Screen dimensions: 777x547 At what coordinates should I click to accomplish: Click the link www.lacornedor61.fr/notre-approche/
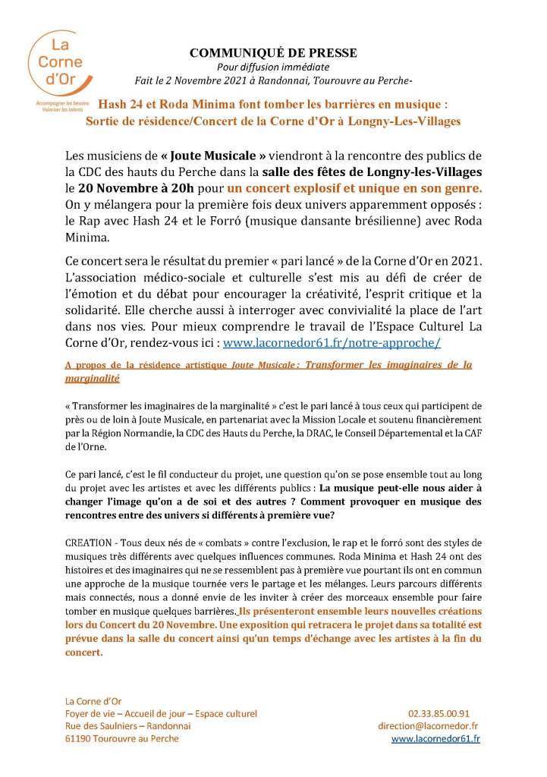[332, 342]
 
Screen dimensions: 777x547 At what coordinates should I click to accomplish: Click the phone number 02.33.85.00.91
[449, 713]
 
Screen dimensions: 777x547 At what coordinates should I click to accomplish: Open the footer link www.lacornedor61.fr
[435, 738]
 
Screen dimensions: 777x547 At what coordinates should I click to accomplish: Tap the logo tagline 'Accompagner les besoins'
[48, 102]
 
